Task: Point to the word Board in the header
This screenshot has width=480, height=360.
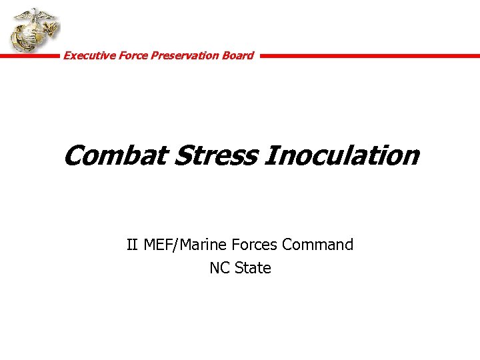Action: [238, 55]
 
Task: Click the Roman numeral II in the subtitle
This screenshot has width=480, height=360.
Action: [133, 245]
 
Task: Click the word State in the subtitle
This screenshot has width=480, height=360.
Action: [253, 268]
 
